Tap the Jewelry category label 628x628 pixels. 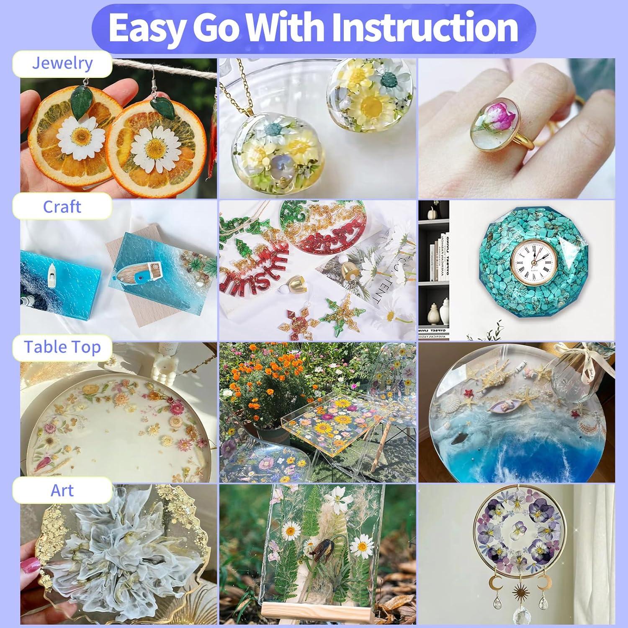62,63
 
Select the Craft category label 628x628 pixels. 62,207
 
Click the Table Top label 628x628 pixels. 62,347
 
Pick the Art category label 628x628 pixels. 62,490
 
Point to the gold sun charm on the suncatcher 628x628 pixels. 521,581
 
